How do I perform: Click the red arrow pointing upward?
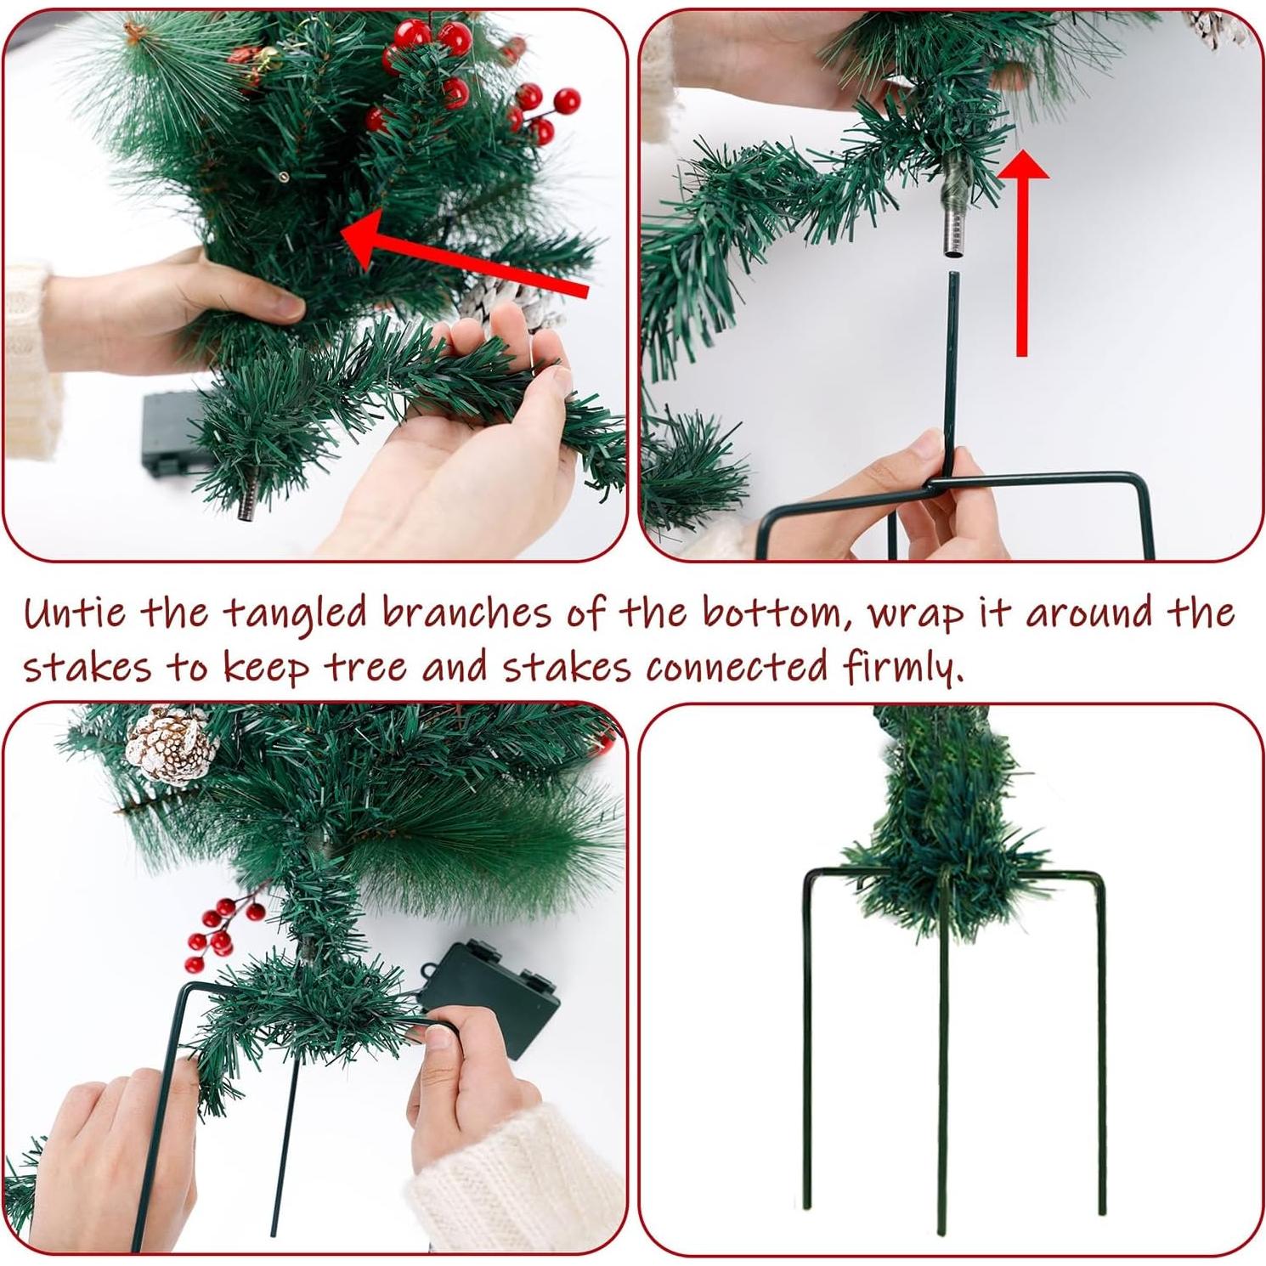[x=1022, y=255]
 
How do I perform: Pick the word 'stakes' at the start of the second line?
[x=86, y=667]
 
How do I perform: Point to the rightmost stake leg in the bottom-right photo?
[x=1102, y=1062]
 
